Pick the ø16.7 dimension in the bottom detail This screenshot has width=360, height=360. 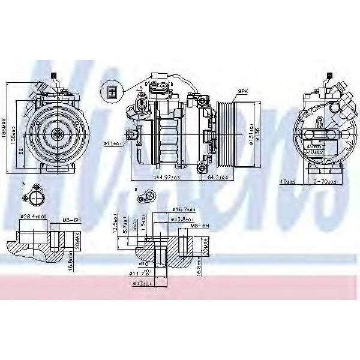(182, 209)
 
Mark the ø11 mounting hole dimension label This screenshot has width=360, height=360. (112, 143)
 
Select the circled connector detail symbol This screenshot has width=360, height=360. (110, 91)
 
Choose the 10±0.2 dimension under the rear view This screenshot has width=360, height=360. (289, 181)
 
